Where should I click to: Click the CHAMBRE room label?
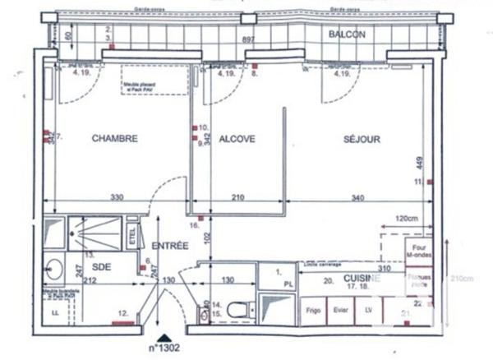click(x=114, y=139)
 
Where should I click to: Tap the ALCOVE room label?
click(x=237, y=139)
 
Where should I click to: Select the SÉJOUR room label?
click(x=362, y=139)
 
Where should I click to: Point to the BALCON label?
click(x=347, y=35)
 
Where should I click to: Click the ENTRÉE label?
click(x=171, y=246)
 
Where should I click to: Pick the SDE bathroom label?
click(x=102, y=267)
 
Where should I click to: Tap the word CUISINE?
click(x=362, y=279)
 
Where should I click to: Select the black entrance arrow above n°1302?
click(x=167, y=337)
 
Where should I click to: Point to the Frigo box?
click(x=313, y=312)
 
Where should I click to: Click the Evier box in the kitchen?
click(x=340, y=312)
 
